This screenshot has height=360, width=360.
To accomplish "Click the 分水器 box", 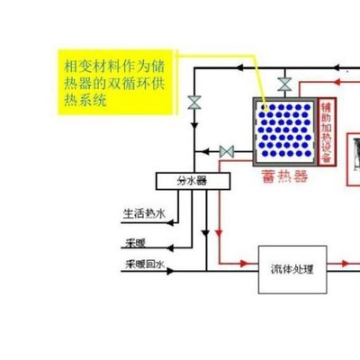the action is click(193, 181).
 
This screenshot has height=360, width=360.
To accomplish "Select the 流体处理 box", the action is click(292, 269).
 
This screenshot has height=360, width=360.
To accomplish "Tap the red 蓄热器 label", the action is click(284, 176).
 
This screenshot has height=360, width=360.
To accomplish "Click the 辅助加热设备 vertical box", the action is click(327, 131).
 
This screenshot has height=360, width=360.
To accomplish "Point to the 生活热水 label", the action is click(144, 213).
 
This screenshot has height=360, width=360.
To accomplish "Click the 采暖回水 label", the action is click(145, 265).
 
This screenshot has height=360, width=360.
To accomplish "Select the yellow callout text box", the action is click(115, 82).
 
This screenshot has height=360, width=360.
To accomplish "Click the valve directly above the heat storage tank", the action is click(284, 85).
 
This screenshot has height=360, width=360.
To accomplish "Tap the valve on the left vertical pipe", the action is click(194, 103).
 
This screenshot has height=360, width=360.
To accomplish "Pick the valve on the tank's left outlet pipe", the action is click(227, 152).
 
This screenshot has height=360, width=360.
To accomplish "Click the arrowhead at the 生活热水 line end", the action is click(170, 223).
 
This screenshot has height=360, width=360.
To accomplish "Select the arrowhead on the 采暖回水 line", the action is click(170, 271).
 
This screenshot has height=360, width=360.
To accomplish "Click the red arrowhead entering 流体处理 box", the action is click(245, 264).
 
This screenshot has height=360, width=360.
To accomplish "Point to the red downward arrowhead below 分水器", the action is click(219, 233).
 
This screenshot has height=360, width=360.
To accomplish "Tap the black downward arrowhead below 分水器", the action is click(206, 233).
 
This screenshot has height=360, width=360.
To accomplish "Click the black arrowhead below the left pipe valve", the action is click(194, 125).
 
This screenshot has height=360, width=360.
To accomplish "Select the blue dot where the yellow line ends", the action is click(265, 106).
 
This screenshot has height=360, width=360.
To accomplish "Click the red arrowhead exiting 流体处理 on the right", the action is click(346, 264).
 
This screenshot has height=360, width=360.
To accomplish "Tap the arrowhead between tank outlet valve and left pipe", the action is click(205, 152).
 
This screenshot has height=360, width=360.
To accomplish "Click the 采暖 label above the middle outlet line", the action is click(136, 243).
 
